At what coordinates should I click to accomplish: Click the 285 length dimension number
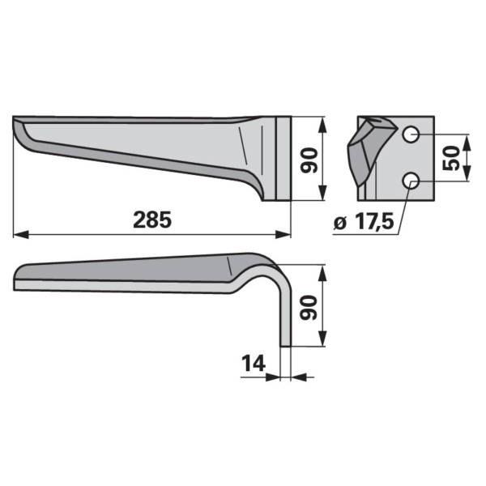point(152,220)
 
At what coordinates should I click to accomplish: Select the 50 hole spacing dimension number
point(451,158)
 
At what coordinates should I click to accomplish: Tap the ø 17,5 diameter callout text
point(364,222)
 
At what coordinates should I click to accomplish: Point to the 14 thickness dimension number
point(254,363)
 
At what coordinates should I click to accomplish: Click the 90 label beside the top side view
point(309,160)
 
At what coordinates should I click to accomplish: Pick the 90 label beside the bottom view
point(309,308)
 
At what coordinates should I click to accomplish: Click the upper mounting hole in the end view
point(411,134)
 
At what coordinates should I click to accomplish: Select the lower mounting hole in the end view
point(411,181)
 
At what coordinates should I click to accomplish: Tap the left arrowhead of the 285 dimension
point(21,235)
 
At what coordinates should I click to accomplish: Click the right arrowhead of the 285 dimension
point(283,235)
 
